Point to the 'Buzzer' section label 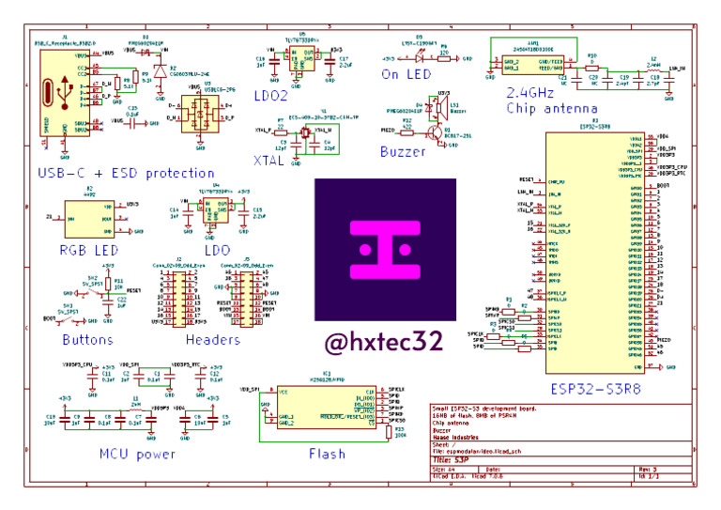[403, 151]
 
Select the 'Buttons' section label [87, 340]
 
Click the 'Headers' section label [212, 340]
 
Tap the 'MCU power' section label [137, 455]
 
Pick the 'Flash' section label [327, 455]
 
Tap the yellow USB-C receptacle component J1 [52, 95]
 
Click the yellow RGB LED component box [89, 218]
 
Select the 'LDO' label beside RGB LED [217, 251]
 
